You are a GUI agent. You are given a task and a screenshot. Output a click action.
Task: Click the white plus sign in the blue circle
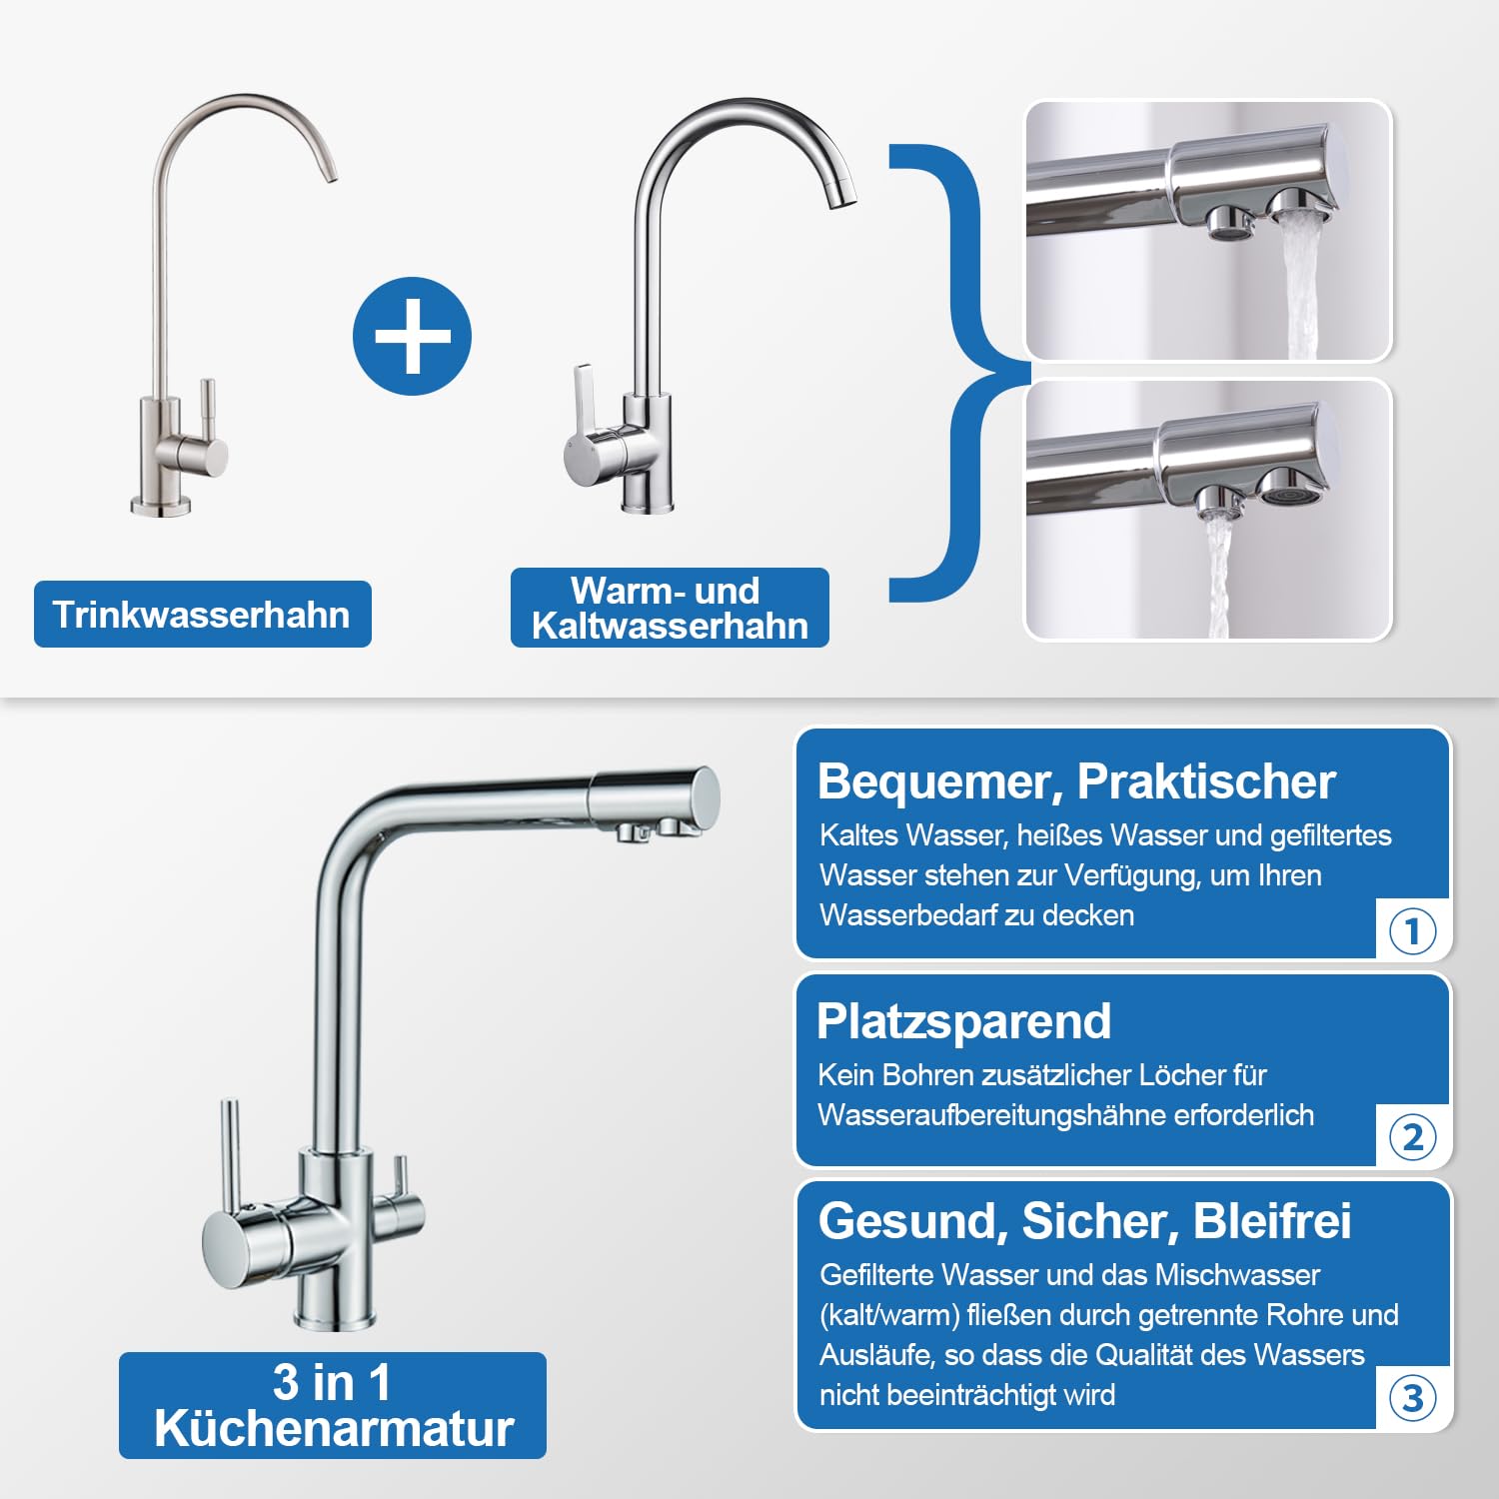tap(412, 336)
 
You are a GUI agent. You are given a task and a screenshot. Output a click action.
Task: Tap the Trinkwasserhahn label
tap(202, 614)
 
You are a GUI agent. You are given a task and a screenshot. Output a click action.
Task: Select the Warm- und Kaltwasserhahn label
tap(670, 608)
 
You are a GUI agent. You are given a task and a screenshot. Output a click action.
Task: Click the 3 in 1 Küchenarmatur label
tap(333, 1405)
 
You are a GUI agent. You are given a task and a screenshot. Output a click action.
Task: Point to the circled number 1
tap(1412, 931)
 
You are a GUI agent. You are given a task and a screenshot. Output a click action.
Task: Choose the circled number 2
tap(1412, 1137)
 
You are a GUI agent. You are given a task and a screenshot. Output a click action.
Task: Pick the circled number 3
tap(1412, 1398)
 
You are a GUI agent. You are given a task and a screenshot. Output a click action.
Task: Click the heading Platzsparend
tap(963, 1021)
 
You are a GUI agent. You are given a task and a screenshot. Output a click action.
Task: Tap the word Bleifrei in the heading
tap(1271, 1220)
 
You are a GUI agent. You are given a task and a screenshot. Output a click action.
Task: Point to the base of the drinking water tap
tap(160, 506)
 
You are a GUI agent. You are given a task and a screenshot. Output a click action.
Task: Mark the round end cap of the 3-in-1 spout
tap(706, 794)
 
